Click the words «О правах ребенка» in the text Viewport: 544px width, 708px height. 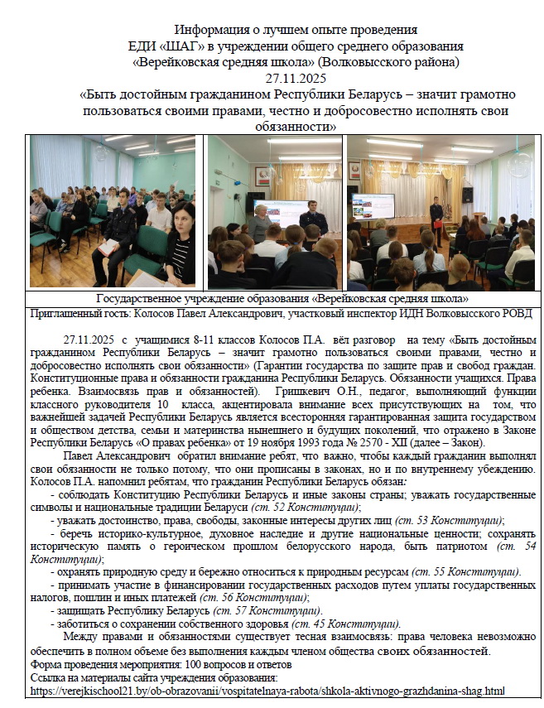coord(186,443)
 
